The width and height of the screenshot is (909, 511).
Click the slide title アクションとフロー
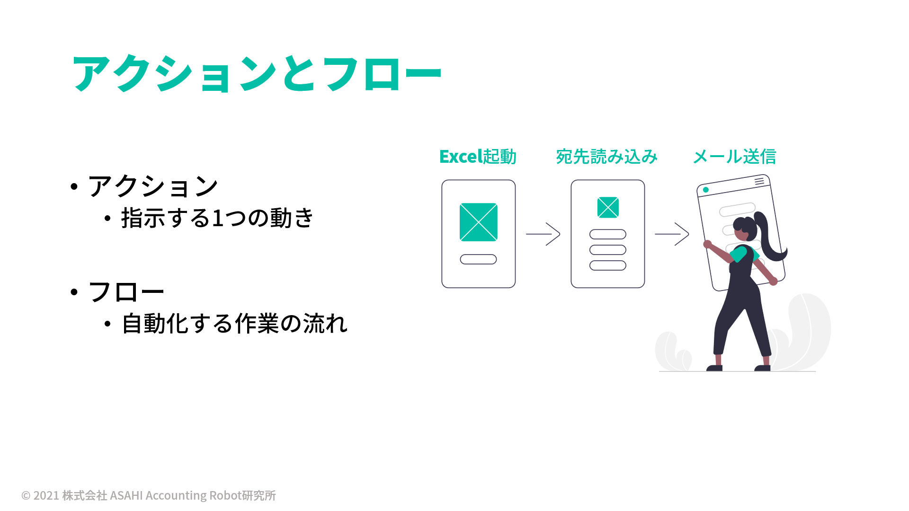(x=257, y=73)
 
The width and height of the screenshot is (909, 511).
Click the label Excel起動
(x=478, y=157)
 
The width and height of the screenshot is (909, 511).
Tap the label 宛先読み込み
(x=607, y=157)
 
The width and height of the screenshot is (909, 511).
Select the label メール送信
(x=734, y=157)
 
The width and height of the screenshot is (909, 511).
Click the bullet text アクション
(x=153, y=186)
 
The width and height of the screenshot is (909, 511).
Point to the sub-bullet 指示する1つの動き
(x=217, y=218)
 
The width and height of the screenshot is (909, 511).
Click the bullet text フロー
(x=126, y=291)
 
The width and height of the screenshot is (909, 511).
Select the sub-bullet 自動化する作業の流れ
(x=235, y=324)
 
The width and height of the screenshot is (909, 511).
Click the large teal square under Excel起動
(x=478, y=222)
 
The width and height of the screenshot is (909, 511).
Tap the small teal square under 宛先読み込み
(x=608, y=207)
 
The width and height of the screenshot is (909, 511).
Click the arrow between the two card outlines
(x=543, y=234)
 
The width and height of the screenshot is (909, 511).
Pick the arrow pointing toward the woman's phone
(x=672, y=234)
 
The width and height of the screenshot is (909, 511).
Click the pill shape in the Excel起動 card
(x=478, y=259)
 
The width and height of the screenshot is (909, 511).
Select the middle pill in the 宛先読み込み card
(x=608, y=250)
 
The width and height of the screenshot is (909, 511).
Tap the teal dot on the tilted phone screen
(x=705, y=190)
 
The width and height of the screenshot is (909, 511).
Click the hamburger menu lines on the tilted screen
(x=759, y=181)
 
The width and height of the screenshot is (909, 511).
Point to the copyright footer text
(x=149, y=495)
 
